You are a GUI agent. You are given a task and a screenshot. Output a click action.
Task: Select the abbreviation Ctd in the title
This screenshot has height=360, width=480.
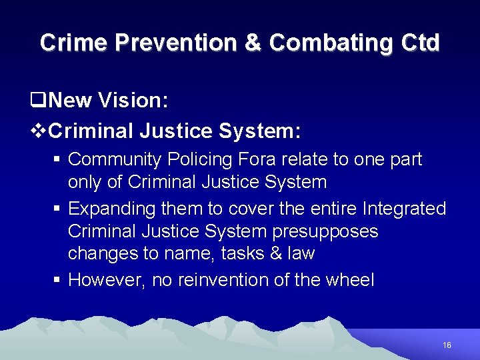coord(421,43)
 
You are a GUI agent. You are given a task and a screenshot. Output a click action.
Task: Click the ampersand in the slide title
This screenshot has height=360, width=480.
coord(253,43)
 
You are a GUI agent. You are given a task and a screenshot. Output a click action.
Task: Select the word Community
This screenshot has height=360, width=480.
coord(116,159)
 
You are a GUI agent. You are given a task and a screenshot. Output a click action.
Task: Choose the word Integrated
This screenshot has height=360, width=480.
coord(404,209)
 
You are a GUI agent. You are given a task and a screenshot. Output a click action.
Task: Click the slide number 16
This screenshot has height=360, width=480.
coord(447,345)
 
